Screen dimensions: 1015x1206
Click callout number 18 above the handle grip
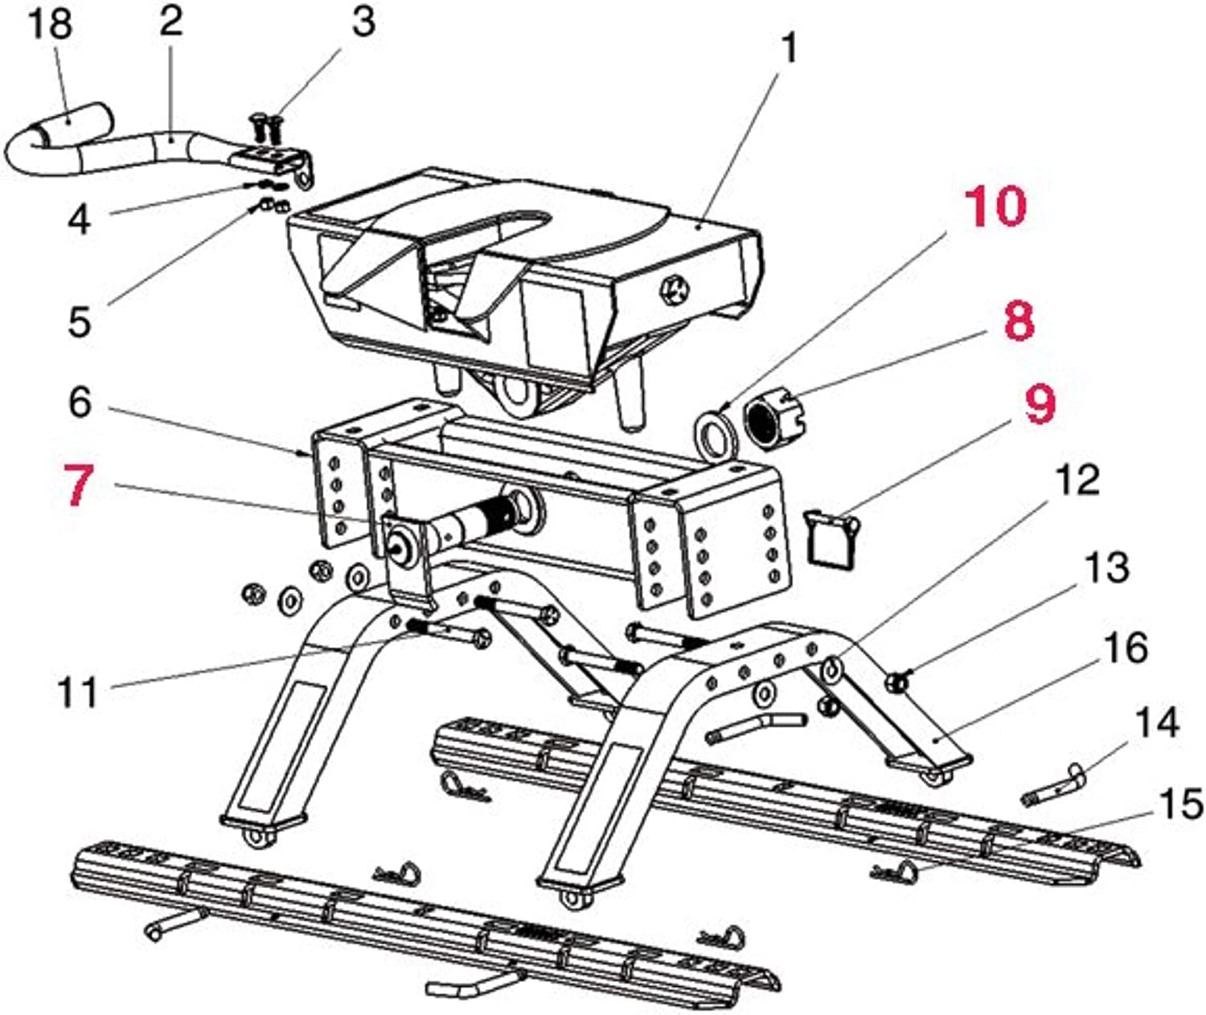pyautogui.click(x=50, y=24)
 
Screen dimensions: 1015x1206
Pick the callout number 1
pyautogui.click(x=790, y=48)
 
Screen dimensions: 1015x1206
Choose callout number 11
pyautogui.click(x=78, y=691)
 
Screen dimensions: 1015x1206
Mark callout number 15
pyautogui.click(x=1182, y=804)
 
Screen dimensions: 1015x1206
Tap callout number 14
pyautogui.click(x=1156, y=722)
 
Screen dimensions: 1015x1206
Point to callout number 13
pyautogui.click(x=1107, y=567)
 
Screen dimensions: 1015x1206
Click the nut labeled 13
pyautogui.click(x=894, y=683)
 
